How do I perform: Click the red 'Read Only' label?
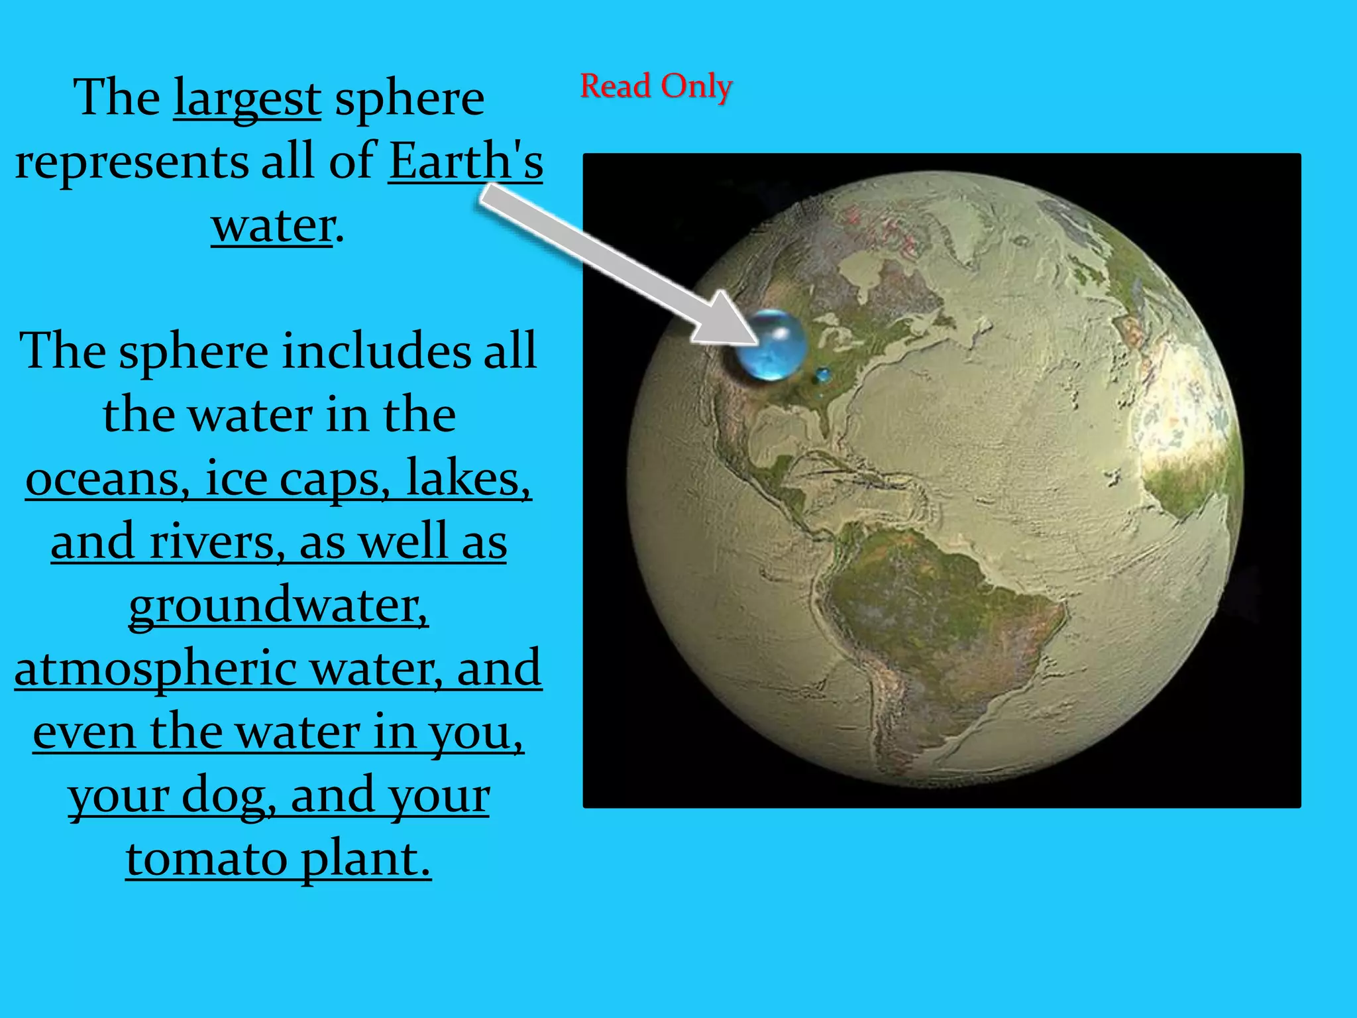click(x=656, y=86)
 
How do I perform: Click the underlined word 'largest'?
click(x=247, y=98)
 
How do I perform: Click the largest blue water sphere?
click(x=770, y=345)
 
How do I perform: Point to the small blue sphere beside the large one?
click(x=823, y=375)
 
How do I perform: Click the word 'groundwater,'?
click(x=278, y=605)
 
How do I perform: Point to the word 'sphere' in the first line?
click(x=409, y=98)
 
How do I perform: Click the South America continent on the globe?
click(x=941, y=630)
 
